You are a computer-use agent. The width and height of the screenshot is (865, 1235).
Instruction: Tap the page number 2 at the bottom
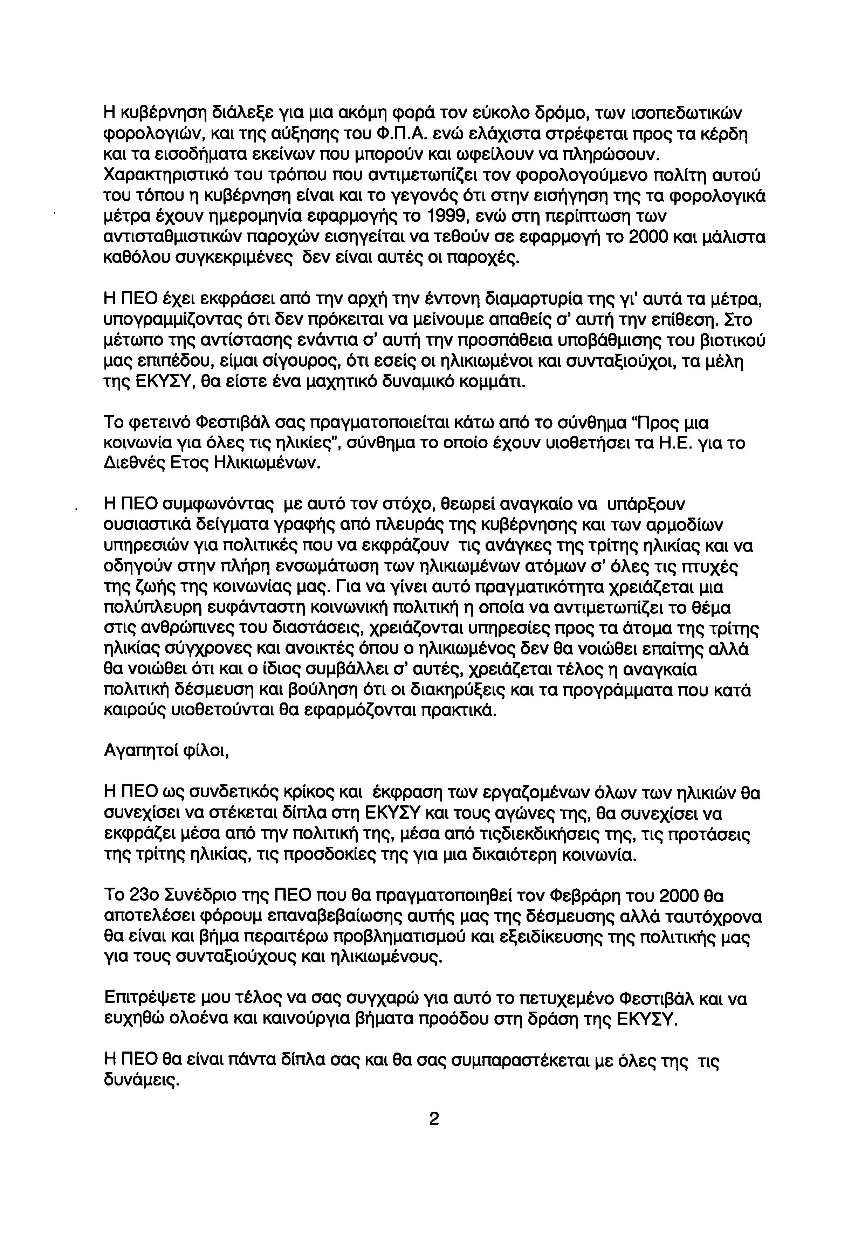click(x=434, y=1119)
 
